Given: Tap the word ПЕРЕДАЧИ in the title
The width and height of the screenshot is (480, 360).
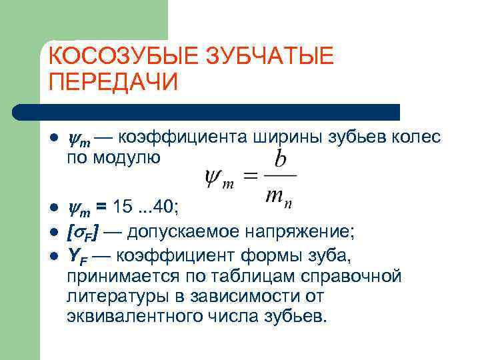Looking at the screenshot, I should pos(114,82).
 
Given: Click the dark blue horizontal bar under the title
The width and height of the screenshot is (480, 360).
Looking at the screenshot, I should pos(207,111).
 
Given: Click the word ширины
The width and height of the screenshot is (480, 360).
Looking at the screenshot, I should pos(287,138).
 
